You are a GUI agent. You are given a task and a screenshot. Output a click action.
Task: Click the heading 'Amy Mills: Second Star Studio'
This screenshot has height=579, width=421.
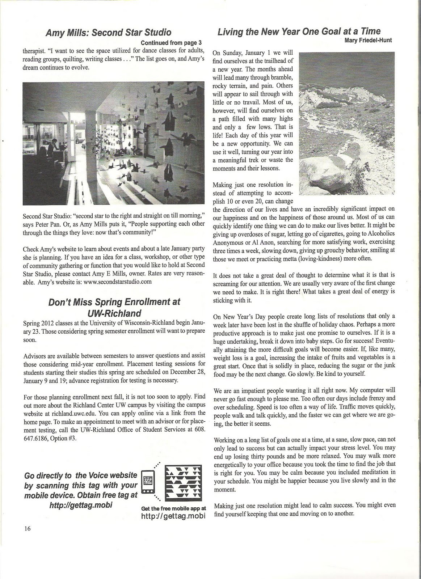click(108, 33)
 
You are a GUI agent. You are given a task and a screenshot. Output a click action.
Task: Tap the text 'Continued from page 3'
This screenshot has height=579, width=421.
click(171, 42)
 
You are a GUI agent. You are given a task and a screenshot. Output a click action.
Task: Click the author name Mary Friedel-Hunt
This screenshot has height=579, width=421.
click(369, 40)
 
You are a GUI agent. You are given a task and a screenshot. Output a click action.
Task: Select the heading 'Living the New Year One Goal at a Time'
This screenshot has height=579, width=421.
click(299, 31)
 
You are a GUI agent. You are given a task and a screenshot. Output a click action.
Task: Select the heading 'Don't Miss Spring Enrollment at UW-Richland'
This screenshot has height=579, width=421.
click(114, 307)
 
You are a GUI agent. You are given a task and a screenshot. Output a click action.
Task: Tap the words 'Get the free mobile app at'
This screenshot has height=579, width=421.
click(173, 508)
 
